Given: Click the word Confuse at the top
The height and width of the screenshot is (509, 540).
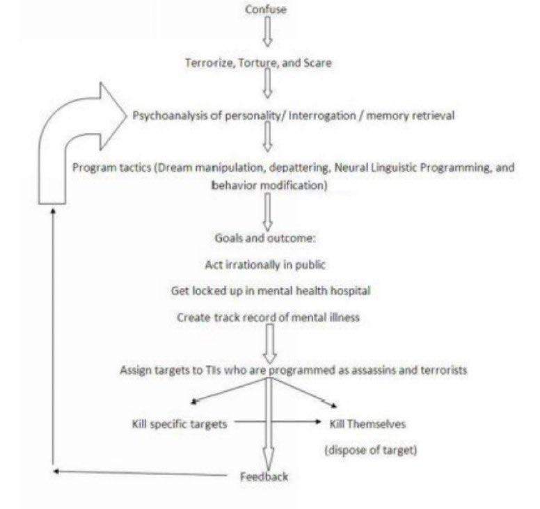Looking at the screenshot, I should [x=266, y=10].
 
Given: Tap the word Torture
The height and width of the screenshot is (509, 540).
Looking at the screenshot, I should [x=260, y=63].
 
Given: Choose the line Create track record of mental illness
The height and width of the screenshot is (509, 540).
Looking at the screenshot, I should [x=267, y=317].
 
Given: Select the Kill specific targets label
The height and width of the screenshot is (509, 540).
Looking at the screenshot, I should [x=179, y=423].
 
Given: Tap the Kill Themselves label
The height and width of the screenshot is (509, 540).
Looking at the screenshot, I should [x=367, y=423].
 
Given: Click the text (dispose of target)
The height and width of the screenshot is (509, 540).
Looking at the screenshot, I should [x=370, y=450].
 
